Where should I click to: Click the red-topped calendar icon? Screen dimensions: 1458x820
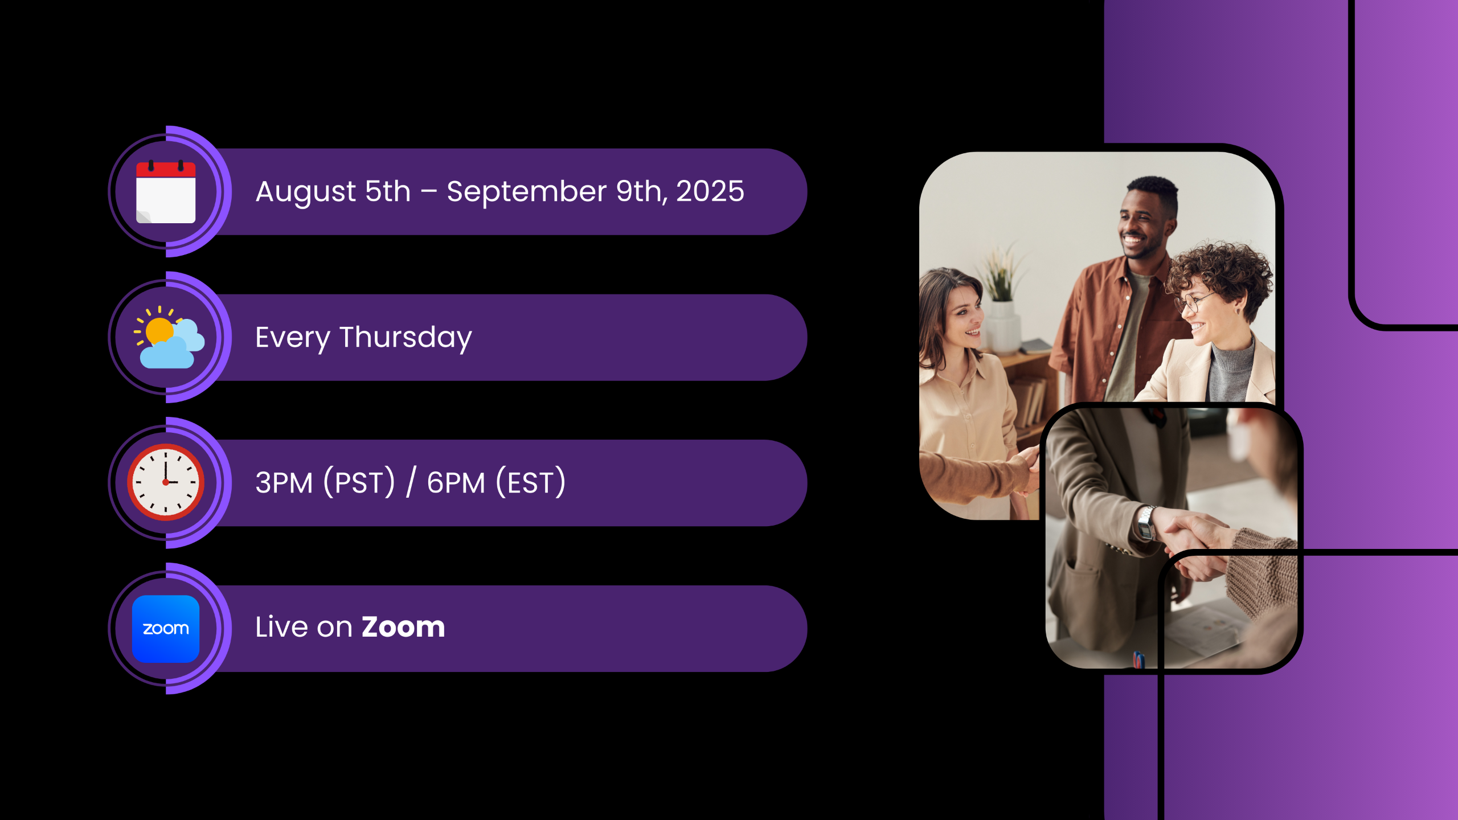pos(166,191)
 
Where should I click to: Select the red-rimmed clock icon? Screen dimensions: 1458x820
pos(166,482)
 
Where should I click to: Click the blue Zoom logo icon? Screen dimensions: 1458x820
pos(166,629)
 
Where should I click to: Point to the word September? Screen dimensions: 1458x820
pos(527,192)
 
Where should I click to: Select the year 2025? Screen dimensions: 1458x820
pos(710,191)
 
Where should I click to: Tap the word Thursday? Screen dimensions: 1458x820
pos(406,338)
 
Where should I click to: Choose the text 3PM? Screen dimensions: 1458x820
pos(284,483)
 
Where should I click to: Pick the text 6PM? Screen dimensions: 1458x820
pos(456,483)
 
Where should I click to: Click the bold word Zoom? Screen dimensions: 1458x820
pos(403,628)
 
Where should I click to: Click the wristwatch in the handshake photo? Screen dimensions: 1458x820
pos(1146,523)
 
